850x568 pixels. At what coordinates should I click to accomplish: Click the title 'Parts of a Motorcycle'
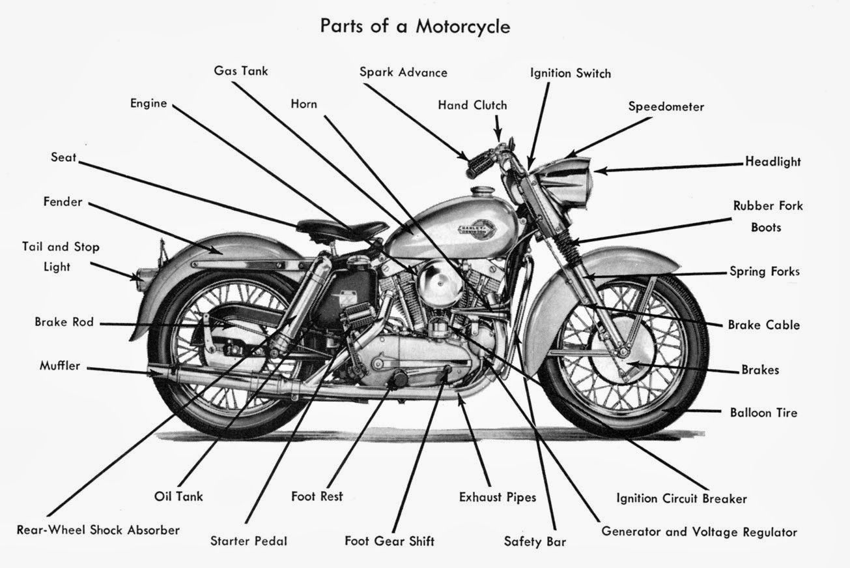[415, 27]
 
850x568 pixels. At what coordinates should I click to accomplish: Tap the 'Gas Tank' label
[240, 70]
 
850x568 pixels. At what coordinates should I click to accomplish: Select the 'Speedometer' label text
[666, 106]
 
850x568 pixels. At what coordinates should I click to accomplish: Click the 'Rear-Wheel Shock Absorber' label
[98, 530]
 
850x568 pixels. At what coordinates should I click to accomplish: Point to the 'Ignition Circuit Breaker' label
[681, 498]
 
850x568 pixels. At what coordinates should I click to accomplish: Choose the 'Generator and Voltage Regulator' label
[698, 531]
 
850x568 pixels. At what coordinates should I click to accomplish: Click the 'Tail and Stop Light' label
[60, 257]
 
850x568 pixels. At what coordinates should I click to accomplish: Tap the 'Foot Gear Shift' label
[389, 541]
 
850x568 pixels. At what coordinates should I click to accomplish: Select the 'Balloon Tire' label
[763, 412]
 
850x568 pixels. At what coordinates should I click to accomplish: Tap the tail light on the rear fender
[140, 276]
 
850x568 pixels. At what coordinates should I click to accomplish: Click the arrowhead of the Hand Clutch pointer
[499, 136]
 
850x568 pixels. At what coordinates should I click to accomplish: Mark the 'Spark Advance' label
[403, 72]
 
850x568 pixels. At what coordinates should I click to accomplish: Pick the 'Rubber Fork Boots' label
[767, 217]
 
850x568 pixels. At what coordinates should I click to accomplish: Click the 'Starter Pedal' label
[248, 541]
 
